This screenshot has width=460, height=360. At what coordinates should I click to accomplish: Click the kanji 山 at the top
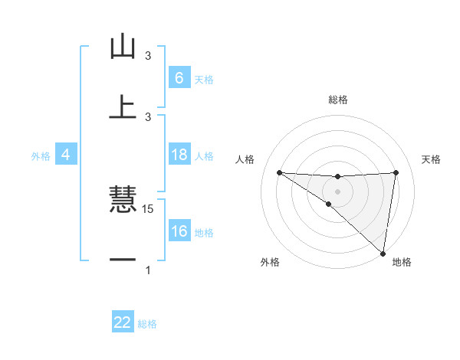coord(123,47)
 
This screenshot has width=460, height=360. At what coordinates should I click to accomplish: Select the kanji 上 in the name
coord(123,107)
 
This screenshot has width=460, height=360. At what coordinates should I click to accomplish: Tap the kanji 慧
coord(123,201)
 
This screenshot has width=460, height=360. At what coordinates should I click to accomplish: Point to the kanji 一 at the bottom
coord(123,260)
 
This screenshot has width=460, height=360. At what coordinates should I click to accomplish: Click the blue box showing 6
coord(179,77)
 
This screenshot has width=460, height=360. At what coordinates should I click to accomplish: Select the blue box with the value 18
coord(179,155)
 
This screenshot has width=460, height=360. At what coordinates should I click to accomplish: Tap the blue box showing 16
coord(179,231)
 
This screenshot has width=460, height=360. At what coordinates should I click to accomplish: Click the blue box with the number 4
coord(65,155)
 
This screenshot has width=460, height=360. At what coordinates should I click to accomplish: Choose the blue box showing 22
coord(123,322)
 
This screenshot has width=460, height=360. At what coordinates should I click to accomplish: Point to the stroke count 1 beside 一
coord(148,270)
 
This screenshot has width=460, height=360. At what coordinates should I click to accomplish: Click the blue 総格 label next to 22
coord(147,324)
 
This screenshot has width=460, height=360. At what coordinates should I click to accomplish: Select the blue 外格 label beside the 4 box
coord(41,156)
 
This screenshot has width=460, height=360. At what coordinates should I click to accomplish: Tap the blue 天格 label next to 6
coord(204,79)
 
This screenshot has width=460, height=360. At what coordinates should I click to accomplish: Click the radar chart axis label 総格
coord(338,100)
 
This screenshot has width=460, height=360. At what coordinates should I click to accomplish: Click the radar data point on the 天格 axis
coord(396,172)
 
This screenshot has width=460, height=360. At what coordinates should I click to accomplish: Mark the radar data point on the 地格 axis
coord(383,253)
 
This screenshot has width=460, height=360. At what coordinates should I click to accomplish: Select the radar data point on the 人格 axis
coord(279,172)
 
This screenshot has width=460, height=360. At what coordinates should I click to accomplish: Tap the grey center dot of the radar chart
coord(337,190)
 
